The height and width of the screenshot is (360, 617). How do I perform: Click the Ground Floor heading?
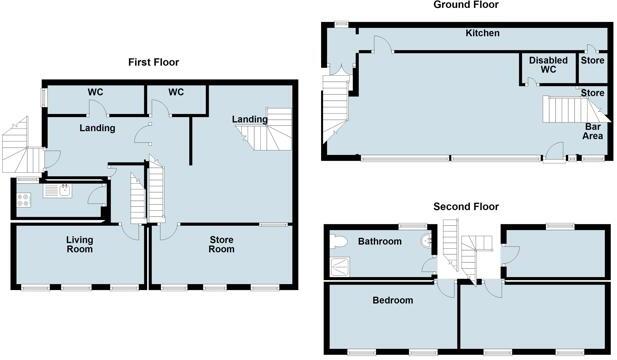pos(466,5)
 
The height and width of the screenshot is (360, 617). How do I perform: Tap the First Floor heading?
pos(153,62)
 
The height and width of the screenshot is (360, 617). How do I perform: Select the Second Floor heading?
pos(466,207)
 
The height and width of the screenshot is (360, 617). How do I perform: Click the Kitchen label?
pos(482,34)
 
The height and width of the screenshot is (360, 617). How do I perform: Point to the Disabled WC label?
pos(547,66)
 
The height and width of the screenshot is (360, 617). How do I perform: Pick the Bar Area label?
pos(592,132)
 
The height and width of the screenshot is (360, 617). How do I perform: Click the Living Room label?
pos(79,244)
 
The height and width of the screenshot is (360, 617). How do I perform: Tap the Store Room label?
pos(221,244)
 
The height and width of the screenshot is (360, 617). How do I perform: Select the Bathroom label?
pos(380,242)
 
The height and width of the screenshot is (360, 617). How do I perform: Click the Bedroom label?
pos(392,300)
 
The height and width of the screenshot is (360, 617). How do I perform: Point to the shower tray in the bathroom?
pos(342,265)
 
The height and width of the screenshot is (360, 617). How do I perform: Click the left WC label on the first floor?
pos(97,93)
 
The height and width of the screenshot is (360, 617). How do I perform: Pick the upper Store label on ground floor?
pos(592,61)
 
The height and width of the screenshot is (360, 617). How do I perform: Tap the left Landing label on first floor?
pos(97,128)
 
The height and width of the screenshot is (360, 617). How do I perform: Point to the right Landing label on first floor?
pos(249,121)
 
